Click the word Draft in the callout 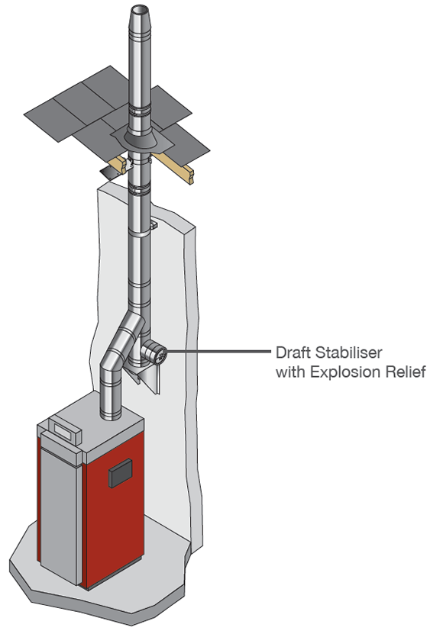293,352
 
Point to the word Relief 406,372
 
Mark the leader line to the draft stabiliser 218,352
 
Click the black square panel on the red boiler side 120,473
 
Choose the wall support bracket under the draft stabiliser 146,376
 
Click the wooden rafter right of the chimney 173,166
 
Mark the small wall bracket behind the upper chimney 153,224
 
